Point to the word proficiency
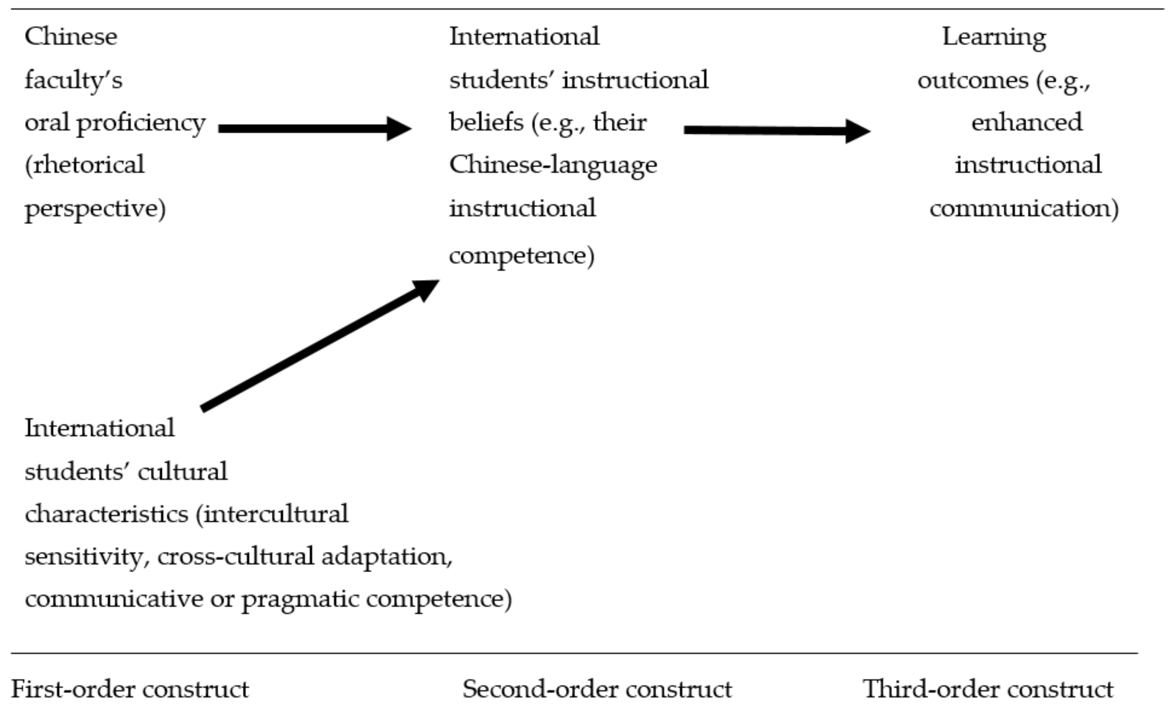click(x=141, y=123)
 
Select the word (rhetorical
click(x=84, y=165)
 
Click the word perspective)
click(x=95, y=209)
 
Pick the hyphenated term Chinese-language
click(x=553, y=165)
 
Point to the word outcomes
click(x=972, y=80)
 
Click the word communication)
click(x=1024, y=209)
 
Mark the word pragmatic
click(x=300, y=599)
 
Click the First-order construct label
click(x=130, y=689)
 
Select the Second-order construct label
click(x=597, y=689)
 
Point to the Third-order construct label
click(x=988, y=689)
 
